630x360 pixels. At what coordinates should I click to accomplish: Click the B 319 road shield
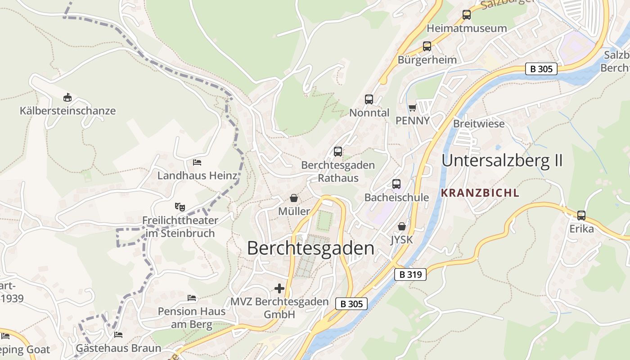410,274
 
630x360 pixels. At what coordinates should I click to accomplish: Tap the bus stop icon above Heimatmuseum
467,15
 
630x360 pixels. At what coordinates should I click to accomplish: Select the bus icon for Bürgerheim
427,46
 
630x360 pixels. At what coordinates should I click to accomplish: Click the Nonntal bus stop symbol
369,99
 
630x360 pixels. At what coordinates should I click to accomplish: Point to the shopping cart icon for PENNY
412,108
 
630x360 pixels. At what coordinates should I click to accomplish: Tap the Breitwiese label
479,124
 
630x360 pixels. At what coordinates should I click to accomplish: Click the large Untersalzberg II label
502,161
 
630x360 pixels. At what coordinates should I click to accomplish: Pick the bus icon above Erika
581,216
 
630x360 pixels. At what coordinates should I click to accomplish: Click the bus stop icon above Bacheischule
396,184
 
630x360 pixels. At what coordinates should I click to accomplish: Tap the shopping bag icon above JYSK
401,226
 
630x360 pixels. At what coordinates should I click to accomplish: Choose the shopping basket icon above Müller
294,198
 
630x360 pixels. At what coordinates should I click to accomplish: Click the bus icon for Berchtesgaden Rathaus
338,152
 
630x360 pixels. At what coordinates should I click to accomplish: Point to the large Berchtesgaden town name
310,248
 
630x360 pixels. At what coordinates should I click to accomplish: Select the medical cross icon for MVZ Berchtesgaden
279,288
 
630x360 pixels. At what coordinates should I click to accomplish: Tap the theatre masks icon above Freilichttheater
180,207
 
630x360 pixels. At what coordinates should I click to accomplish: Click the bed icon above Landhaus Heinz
197,162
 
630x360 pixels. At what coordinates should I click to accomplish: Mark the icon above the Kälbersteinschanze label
67,97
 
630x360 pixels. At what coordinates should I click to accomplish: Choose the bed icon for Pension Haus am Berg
192,298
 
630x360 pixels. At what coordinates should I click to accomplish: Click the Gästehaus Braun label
118,348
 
